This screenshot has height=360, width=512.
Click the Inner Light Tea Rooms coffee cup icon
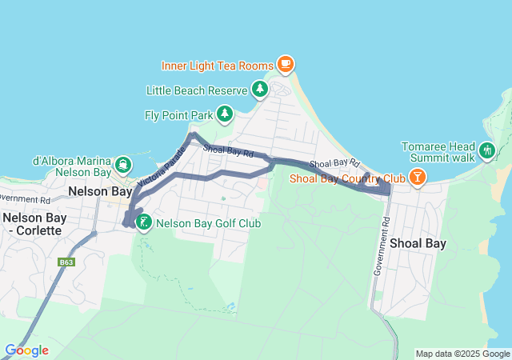pyautogui.click(x=286, y=64)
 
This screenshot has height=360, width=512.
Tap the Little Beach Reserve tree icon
pyautogui.click(x=259, y=90)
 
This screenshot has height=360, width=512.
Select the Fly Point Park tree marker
pyautogui.click(x=225, y=115)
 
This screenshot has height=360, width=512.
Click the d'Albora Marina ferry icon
pyautogui.click(x=122, y=166)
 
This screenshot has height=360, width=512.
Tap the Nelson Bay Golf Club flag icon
pyautogui.click(x=143, y=223)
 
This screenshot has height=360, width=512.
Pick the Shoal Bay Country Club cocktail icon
pyautogui.click(x=417, y=178)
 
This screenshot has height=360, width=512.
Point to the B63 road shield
pyautogui.click(x=66, y=262)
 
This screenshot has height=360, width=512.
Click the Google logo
pyautogui.click(x=26, y=350)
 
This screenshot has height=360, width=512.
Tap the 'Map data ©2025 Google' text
pyautogui.click(x=462, y=354)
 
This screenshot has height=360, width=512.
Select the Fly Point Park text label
pyautogui.click(x=178, y=115)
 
